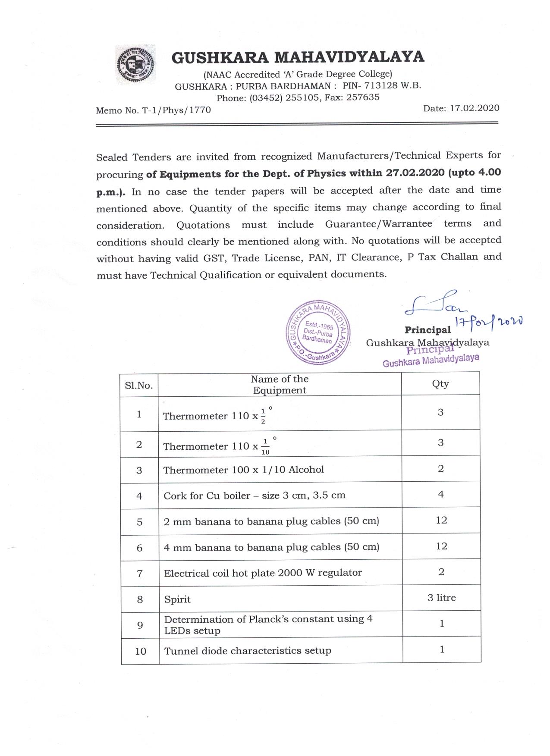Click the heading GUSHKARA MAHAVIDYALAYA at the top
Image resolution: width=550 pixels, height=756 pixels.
click(298, 57)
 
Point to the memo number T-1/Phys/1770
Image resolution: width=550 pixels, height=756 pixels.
click(176, 110)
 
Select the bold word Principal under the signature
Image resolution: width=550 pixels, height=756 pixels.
click(427, 330)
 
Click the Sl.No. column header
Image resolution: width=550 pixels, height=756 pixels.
click(139, 385)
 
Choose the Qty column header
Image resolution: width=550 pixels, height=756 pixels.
click(440, 384)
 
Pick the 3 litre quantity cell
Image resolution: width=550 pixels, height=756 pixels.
click(441, 598)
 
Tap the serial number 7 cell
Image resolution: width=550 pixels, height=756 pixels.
click(139, 574)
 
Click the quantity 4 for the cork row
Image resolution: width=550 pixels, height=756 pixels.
click(441, 494)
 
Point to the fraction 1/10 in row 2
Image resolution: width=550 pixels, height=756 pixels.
click(265, 446)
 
